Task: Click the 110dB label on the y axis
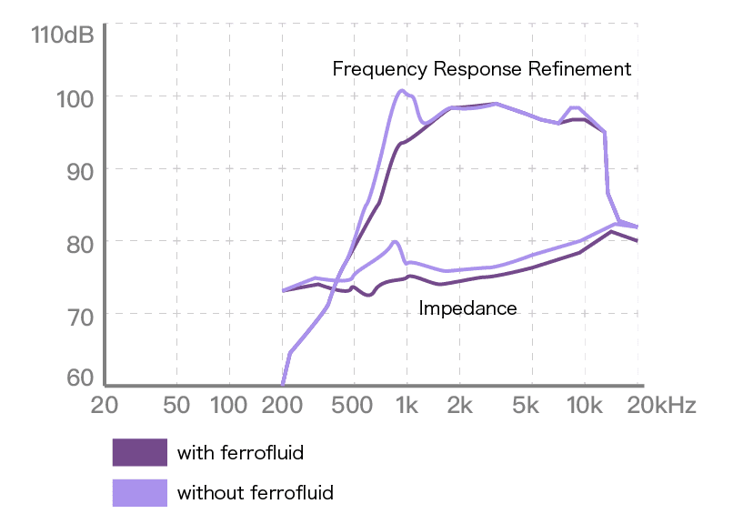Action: tap(62, 36)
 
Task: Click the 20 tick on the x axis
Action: tap(104, 406)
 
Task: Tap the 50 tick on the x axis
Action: tap(176, 406)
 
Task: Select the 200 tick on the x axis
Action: tap(282, 406)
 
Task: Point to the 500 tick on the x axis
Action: tap(352, 406)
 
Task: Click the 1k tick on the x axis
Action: tap(407, 406)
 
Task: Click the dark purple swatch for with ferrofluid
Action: tap(139, 452)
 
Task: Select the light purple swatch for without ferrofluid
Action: tap(139, 493)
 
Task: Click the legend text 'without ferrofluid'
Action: tap(256, 493)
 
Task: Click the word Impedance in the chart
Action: tap(467, 308)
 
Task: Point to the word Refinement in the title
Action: tap(581, 69)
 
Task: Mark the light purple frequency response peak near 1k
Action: tap(401, 90)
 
